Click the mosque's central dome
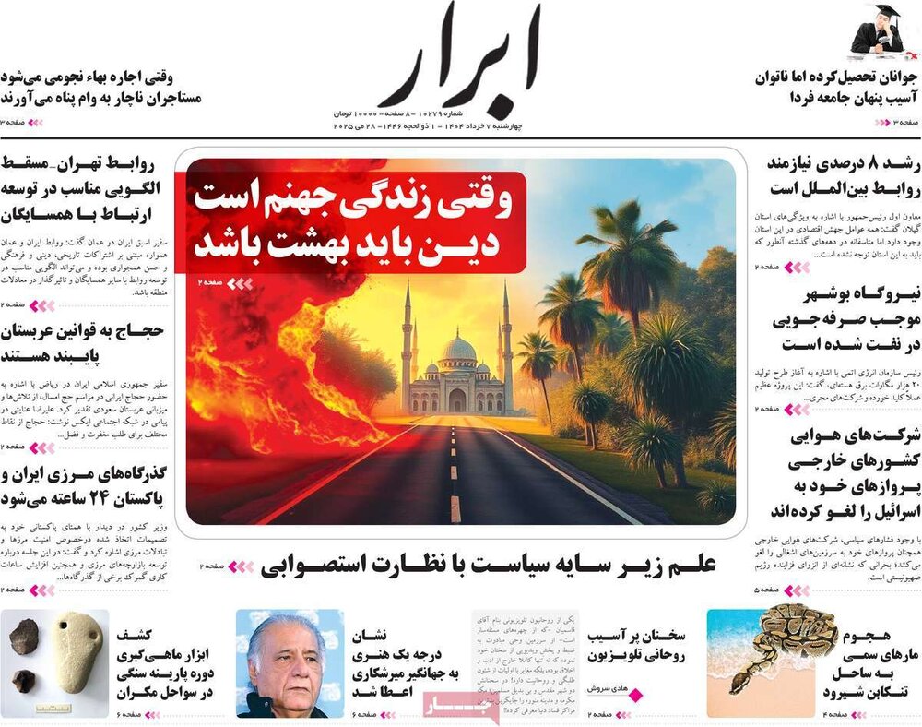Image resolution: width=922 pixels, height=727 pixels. [458, 348]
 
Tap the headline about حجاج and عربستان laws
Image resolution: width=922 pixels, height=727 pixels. [83, 342]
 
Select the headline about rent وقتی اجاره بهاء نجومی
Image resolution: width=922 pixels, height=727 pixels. [101, 88]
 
